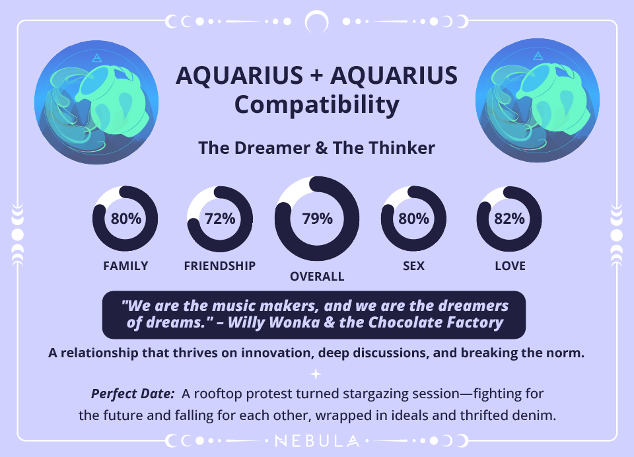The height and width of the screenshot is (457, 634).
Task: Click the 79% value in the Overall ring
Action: tap(317, 219)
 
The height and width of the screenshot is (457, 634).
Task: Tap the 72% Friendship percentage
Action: tap(220, 219)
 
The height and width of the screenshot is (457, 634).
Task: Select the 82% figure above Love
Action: tap(509, 219)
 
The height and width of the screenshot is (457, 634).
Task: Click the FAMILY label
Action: tap(125, 266)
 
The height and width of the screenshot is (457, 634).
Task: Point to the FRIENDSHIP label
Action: tap(220, 266)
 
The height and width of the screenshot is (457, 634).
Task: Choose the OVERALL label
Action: tap(317, 277)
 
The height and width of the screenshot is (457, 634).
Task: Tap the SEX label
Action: tap(413, 266)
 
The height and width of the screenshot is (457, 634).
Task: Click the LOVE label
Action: tap(510, 266)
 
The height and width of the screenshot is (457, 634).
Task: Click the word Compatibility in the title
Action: tap(317, 106)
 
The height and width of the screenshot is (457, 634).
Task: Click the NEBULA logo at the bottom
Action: tap(317, 440)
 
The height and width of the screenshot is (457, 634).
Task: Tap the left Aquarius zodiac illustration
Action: tap(96, 100)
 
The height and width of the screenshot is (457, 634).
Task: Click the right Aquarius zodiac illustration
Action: tap(537, 100)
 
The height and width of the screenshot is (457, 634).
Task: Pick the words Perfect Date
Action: tap(132, 394)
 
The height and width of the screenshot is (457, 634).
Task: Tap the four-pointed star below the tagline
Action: tap(316, 374)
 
